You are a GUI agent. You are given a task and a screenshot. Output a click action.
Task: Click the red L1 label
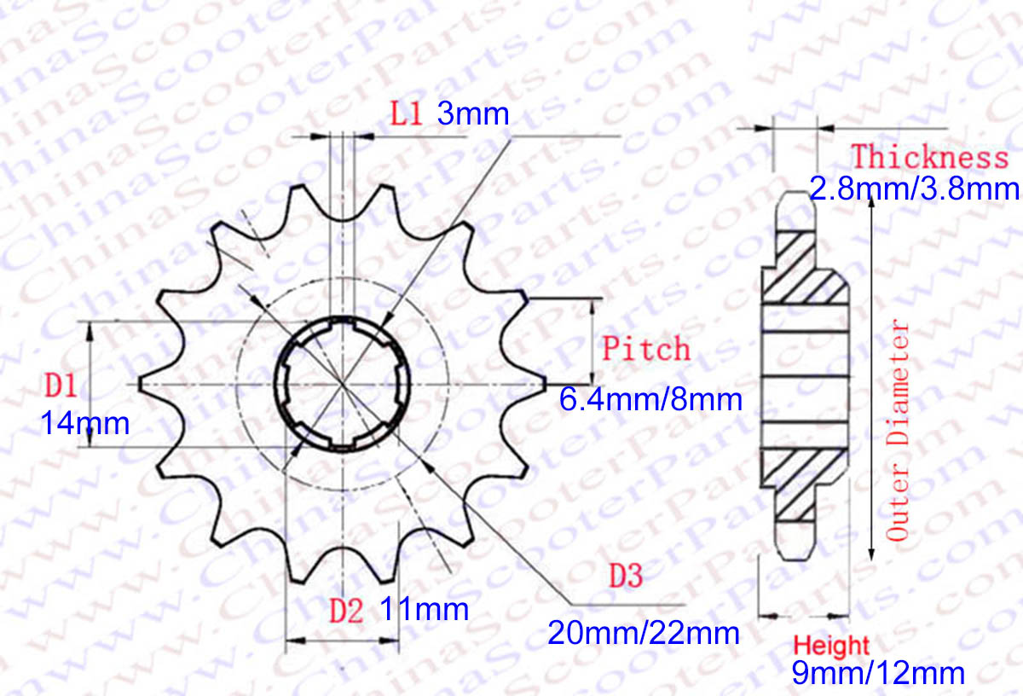[x=406, y=113]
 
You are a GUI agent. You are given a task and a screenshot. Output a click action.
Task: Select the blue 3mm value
[x=473, y=113]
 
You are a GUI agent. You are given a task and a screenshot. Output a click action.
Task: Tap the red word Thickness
[x=930, y=157]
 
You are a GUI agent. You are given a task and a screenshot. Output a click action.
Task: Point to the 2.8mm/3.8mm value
[x=914, y=188]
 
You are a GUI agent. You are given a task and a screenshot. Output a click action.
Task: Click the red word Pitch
[x=646, y=349]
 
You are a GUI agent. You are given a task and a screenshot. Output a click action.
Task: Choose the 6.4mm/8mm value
[x=650, y=400]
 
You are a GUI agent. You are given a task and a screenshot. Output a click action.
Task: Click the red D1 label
[x=61, y=386]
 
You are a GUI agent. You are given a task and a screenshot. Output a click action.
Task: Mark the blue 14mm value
[x=85, y=424]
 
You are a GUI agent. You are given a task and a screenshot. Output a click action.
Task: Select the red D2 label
[x=347, y=611]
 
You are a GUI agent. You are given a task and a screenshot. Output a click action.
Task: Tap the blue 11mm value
[x=425, y=609]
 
